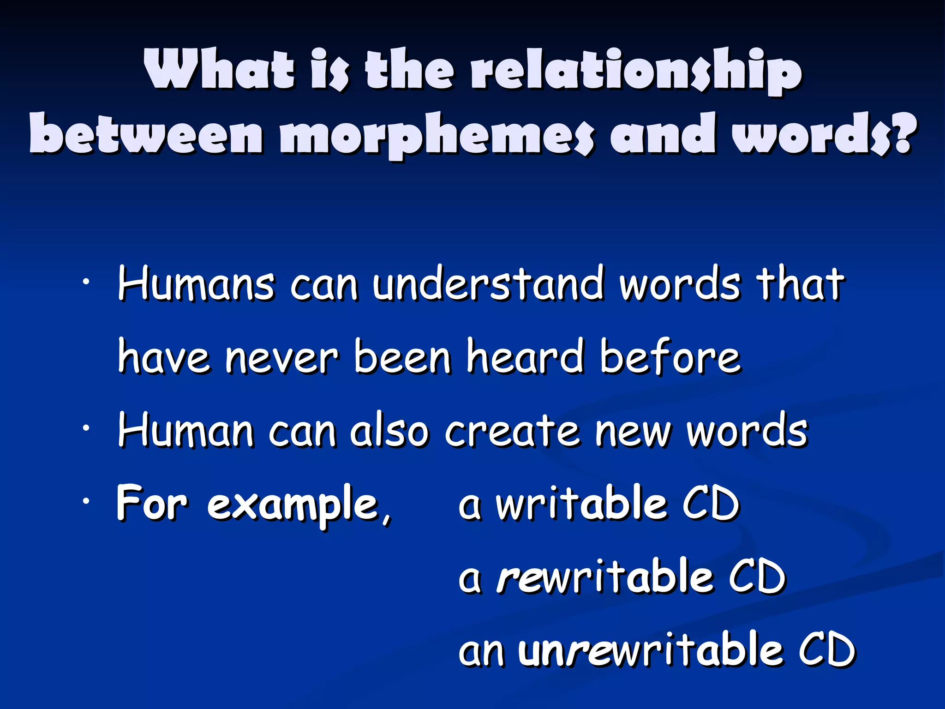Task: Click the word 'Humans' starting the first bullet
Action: tap(196, 284)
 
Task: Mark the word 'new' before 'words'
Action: tap(633, 432)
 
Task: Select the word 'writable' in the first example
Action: tap(581, 504)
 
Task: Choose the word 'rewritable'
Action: tap(604, 577)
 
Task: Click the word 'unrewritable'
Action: tap(651, 650)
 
